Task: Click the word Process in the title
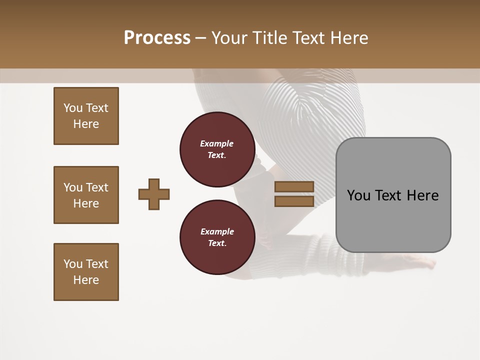coord(157,37)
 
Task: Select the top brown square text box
coord(86,116)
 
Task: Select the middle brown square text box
coord(86,195)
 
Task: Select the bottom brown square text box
coord(86,272)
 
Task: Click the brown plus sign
coord(154,194)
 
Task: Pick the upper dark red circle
coord(217,149)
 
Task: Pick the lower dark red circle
coord(217,237)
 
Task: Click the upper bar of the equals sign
coord(294,187)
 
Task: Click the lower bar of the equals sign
coord(294,201)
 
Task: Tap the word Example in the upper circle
coord(217,143)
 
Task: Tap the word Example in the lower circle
coord(217,231)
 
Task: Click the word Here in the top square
coord(86,124)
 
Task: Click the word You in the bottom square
coord(73,264)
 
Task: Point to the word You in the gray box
coord(358,195)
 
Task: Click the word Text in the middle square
coord(97,187)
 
